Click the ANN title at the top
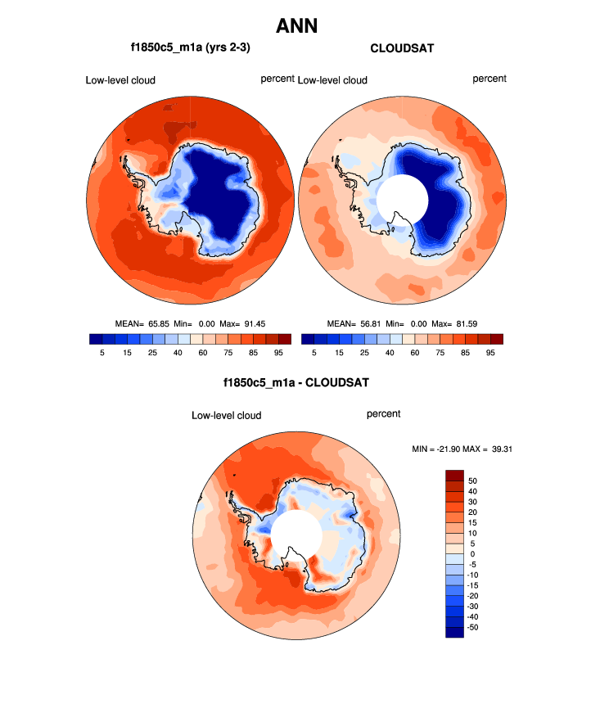click(296, 26)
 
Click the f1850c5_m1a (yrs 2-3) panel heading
click(190, 48)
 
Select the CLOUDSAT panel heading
click(402, 48)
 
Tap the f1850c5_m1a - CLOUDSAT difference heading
click(296, 382)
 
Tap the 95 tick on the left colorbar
click(278, 353)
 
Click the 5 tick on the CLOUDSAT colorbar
click(314, 353)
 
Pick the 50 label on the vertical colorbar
click(473, 481)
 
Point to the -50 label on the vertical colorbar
click(475, 626)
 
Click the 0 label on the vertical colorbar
click(471, 554)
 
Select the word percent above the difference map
click(383, 414)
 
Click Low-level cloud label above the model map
click(120, 80)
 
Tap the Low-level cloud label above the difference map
click(227, 416)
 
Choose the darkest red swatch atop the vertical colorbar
click(454, 476)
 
